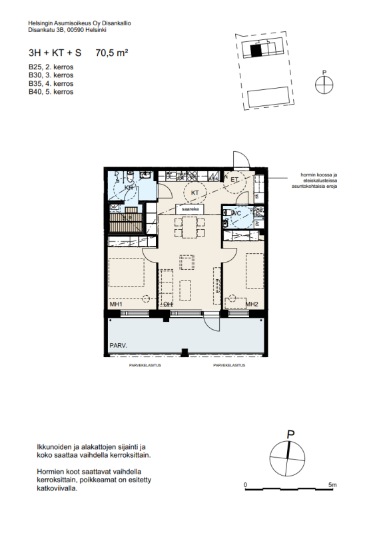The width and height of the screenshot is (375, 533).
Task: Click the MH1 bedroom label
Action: (x=116, y=304)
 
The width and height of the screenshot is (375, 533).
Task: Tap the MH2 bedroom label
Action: (x=251, y=304)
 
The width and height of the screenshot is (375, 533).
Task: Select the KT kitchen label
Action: (x=195, y=193)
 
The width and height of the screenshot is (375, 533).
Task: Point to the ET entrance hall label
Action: (x=234, y=179)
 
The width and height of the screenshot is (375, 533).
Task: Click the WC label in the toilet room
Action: (x=236, y=214)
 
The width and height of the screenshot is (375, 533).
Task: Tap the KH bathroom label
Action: (x=129, y=188)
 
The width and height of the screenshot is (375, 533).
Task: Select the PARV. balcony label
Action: (x=119, y=346)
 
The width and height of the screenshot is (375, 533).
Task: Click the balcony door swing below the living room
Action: (x=212, y=322)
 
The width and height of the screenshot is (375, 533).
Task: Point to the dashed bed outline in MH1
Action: (x=127, y=274)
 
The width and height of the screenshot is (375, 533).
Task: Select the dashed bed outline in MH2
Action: (x=254, y=271)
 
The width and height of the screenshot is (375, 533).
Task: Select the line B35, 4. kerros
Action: (x=51, y=84)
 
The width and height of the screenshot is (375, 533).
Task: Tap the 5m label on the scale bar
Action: (x=332, y=484)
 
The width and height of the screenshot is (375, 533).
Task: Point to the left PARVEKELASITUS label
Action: (x=145, y=366)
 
